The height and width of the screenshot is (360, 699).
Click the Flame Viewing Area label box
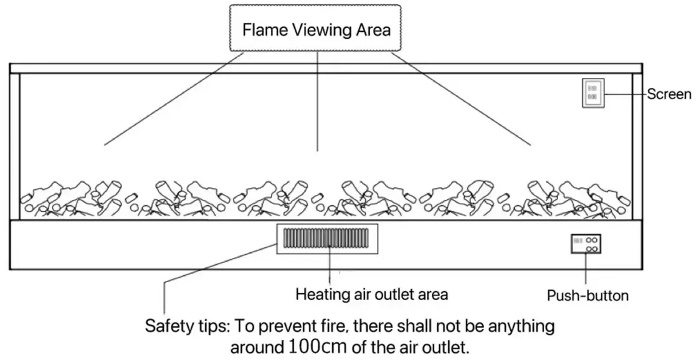[x=315, y=29]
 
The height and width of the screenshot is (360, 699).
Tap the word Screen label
[x=668, y=95]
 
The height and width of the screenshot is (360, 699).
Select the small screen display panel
[x=592, y=93]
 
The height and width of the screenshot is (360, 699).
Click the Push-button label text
[x=587, y=295]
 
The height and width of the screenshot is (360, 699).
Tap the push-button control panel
[x=586, y=244]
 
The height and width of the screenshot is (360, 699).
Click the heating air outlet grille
[x=326, y=239]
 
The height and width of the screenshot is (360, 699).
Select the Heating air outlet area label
[x=371, y=294]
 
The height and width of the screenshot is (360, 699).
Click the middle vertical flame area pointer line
[x=318, y=100]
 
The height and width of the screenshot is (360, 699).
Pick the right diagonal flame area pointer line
[x=461, y=99]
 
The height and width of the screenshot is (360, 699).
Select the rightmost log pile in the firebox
[x=579, y=198]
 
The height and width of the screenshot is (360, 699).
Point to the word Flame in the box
[x=262, y=29]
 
